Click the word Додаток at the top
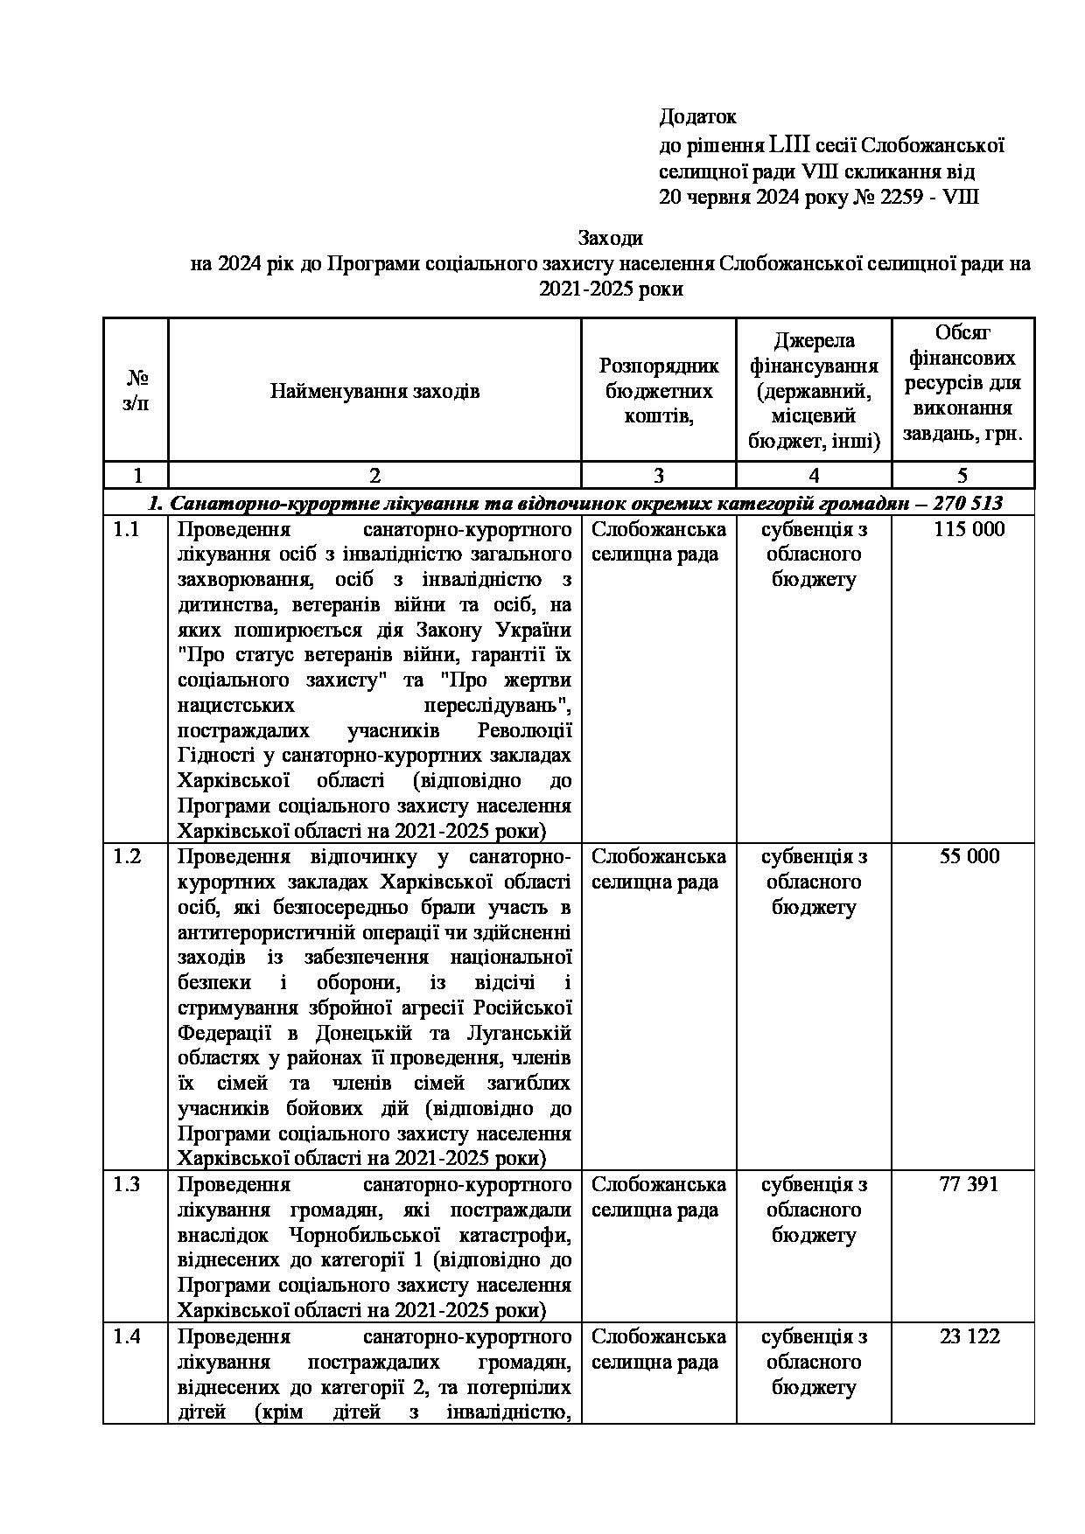tap(697, 116)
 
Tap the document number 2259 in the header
tap(906, 197)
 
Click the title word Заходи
tap(610, 238)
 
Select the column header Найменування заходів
tap(374, 391)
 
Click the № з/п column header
tap(136, 390)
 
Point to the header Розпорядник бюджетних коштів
tap(658, 391)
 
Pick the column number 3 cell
tap(658, 475)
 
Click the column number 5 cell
tap(962, 475)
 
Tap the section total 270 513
tap(968, 503)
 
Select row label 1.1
tap(127, 529)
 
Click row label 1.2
tap(127, 856)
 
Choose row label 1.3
tap(127, 1184)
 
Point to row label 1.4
tap(127, 1336)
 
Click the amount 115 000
tap(969, 529)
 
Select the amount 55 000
tap(969, 856)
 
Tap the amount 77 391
tap(969, 1184)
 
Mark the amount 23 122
tap(969, 1336)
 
